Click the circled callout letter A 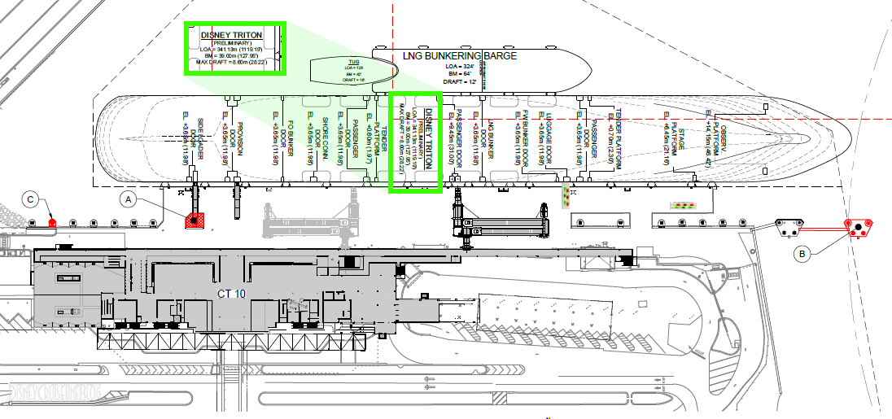coord(127,198)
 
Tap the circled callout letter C coord(31,199)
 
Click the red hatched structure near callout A coord(195,220)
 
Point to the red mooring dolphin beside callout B coord(858,227)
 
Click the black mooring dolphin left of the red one coord(788,228)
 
